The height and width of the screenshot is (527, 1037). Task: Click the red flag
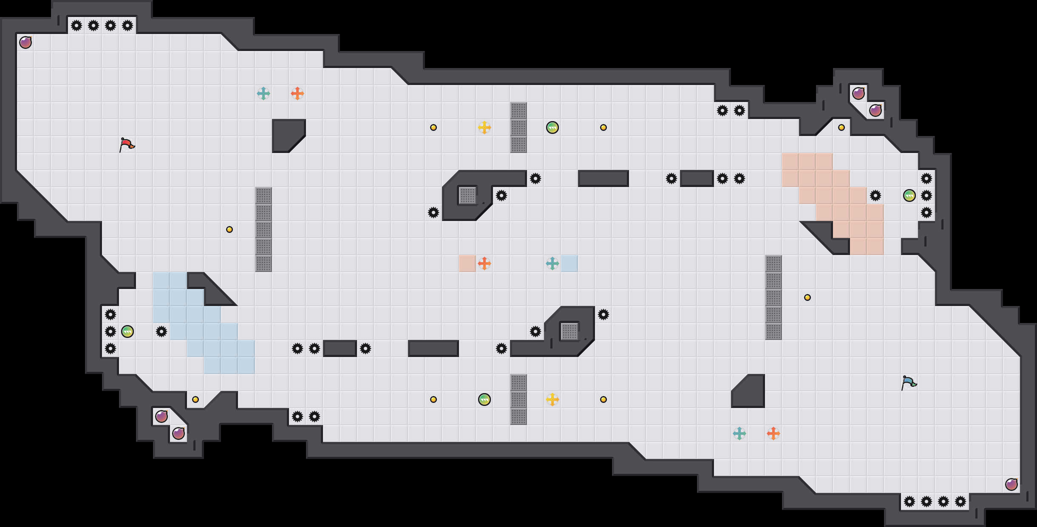pos(127,144)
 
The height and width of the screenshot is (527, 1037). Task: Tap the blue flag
pos(909,382)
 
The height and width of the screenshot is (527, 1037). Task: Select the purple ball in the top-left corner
pos(25,42)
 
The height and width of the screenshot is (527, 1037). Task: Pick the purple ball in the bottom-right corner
pos(1011,484)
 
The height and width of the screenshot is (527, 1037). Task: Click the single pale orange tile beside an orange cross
pos(467,263)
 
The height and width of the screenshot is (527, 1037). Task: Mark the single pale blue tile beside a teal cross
pos(569,263)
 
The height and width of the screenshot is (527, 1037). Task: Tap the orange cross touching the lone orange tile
pos(484,263)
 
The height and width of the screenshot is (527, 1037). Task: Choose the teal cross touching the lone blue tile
pos(552,263)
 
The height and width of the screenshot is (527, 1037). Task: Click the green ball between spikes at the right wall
pos(909,195)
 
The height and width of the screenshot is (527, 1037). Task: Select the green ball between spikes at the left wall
pos(127,331)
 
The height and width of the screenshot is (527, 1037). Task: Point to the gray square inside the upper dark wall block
pos(467,195)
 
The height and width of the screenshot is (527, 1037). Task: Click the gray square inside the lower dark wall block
pos(569,331)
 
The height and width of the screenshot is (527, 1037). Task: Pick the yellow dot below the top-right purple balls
pos(841,127)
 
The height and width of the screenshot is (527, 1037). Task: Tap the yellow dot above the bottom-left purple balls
pos(195,399)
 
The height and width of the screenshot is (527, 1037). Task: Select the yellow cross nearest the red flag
pos(484,127)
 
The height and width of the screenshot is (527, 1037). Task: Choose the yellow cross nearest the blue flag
pos(552,399)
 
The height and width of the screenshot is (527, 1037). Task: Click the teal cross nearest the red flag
pos(263,93)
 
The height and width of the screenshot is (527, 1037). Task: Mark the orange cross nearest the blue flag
pos(773,433)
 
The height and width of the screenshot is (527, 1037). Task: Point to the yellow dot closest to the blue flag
pos(807,297)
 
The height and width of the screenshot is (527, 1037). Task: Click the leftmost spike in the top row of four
pos(76,25)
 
